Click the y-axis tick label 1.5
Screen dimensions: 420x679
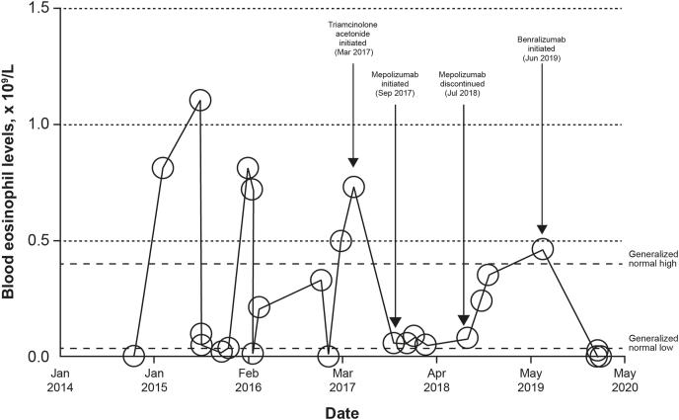pos(37,9)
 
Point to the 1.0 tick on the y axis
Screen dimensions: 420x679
pos(37,125)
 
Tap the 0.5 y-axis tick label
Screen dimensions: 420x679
pos(37,241)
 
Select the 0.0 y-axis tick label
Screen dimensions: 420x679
pos(37,357)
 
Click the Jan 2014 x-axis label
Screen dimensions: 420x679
pos(59,381)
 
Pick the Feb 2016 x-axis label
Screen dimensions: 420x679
pos(248,381)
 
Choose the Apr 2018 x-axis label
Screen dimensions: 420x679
pos(436,381)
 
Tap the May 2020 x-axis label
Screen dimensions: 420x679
pos(625,381)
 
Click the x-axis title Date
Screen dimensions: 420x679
pos(339,410)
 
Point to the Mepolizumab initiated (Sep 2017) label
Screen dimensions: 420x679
pos(395,79)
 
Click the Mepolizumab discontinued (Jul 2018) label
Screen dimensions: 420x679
pos(464,79)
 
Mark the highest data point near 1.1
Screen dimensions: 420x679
pos(200,100)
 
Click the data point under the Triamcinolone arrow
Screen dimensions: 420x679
pos(353,186)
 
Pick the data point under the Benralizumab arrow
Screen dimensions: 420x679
pos(542,248)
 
